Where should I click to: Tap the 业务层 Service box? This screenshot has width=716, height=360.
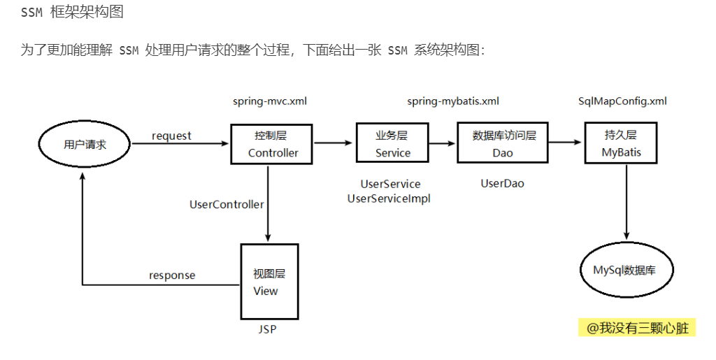[x=392, y=143]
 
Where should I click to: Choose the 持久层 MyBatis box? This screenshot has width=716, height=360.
[x=621, y=143]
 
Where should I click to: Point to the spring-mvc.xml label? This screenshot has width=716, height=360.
[x=270, y=101]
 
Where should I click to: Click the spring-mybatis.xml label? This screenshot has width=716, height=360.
[x=453, y=101]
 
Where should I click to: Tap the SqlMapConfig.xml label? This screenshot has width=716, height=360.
[x=622, y=101]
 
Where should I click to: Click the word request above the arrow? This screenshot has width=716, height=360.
[x=171, y=136]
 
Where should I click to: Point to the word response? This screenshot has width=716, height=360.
[x=172, y=275]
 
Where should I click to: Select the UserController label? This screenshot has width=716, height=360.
[x=227, y=205]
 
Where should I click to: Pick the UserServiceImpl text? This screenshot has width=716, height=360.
[x=389, y=199]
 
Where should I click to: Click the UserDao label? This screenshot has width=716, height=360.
[x=502, y=184]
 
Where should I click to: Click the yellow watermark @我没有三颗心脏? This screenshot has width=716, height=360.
[x=637, y=327]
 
